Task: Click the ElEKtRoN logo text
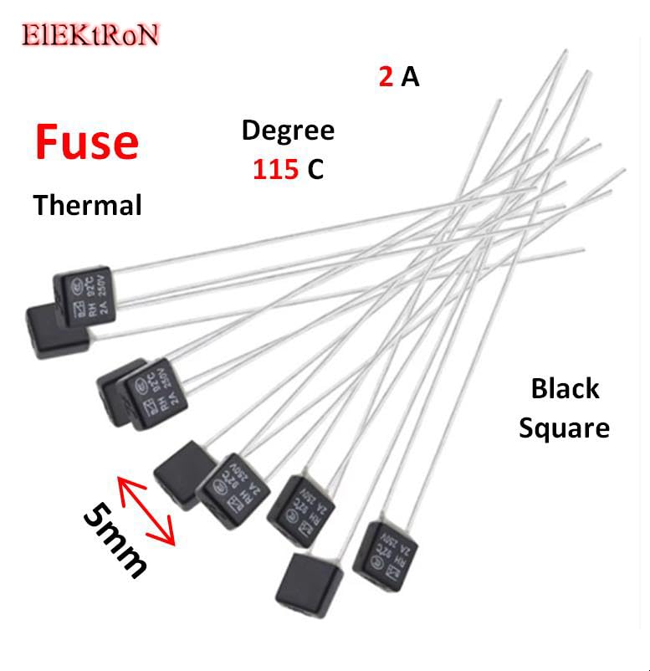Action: click(x=90, y=34)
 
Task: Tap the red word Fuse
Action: click(x=86, y=142)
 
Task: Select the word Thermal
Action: click(x=87, y=204)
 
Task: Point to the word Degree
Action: click(x=288, y=131)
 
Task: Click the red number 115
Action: click(x=275, y=170)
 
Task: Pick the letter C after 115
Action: click(x=315, y=170)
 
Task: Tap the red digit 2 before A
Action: click(x=386, y=77)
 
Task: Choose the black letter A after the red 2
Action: click(x=410, y=77)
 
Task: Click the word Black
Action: click(x=565, y=389)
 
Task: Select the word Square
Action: click(x=564, y=428)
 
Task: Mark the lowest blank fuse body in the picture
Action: click(x=309, y=589)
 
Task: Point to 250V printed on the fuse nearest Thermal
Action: click(x=100, y=289)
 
